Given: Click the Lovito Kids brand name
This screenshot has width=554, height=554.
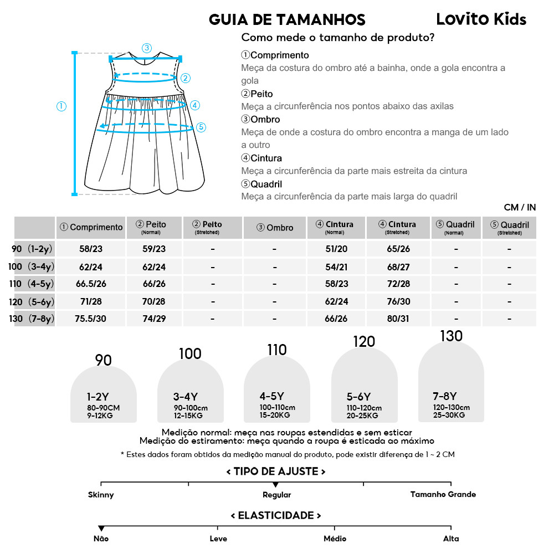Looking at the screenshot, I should click(481, 19).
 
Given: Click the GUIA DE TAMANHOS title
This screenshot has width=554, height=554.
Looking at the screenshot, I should click(287, 20).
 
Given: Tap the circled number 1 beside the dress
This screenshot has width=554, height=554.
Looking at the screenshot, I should click(61, 106).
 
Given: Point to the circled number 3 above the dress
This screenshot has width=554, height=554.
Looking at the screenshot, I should click(146, 48).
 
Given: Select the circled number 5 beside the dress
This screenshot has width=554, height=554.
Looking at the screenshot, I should click(201, 127).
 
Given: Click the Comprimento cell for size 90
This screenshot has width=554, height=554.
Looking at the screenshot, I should click(91, 249).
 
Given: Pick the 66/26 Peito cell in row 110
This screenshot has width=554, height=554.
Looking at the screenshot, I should click(154, 284).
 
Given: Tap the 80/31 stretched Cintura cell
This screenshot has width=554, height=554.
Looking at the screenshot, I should click(398, 319).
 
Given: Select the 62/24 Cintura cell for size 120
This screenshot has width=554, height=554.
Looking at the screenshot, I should click(337, 301).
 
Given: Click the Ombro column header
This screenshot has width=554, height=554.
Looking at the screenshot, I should click(275, 228).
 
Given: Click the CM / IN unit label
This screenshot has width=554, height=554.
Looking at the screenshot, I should click(520, 208).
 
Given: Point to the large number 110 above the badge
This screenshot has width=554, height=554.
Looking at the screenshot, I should click(276, 350).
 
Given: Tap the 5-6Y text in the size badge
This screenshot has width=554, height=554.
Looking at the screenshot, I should click(358, 397).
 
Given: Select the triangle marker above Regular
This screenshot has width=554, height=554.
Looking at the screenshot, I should click(276, 485).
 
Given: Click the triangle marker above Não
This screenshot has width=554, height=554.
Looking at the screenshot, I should click(101, 529).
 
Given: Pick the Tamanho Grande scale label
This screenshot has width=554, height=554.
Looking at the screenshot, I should click(443, 494).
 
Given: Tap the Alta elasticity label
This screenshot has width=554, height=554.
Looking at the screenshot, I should click(451, 538).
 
